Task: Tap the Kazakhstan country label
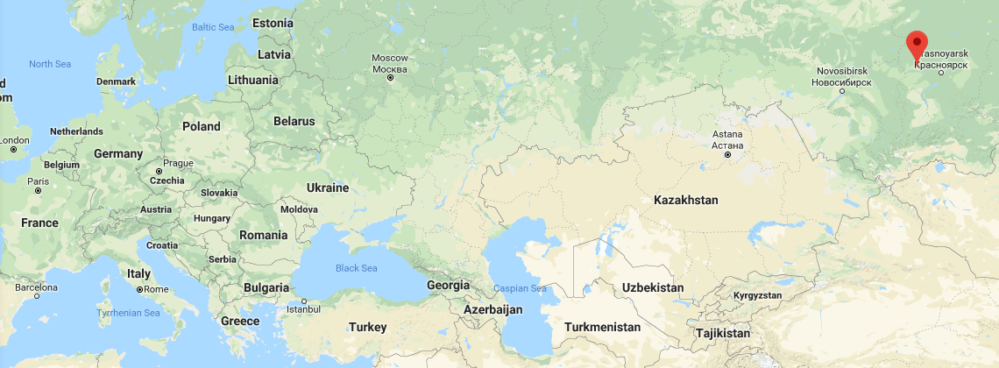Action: coord(685,201)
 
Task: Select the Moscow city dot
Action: coord(390,78)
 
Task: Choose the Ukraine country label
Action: coord(328,188)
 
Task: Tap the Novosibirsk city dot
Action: coord(842,89)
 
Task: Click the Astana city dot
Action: coord(727,155)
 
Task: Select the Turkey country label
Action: coord(367,327)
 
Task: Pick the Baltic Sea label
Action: coord(213,27)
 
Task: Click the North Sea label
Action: coord(50,64)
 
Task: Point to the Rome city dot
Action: coord(139,289)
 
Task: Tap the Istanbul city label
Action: coord(303,309)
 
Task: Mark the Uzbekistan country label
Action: coord(652,287)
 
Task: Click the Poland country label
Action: coord(201,126)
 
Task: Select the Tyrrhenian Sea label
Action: coord(128,313)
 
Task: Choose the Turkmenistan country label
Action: coord(602,327)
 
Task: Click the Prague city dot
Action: coord(159,171)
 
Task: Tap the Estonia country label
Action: coord(273,23)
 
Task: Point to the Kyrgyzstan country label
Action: coord(757,295)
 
